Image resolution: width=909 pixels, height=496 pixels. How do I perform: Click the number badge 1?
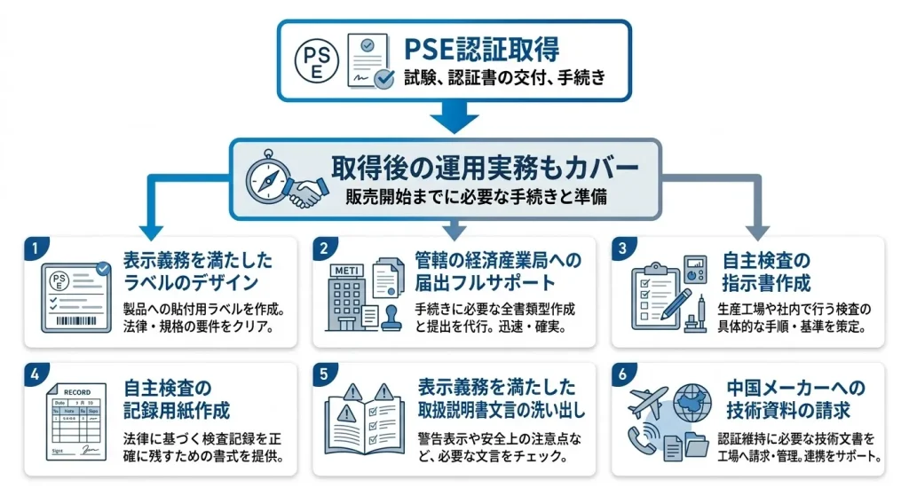pos(33,248)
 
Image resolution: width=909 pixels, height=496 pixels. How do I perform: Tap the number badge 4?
pos(33,374)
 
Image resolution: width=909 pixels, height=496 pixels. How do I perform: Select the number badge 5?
pos(326,374)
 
